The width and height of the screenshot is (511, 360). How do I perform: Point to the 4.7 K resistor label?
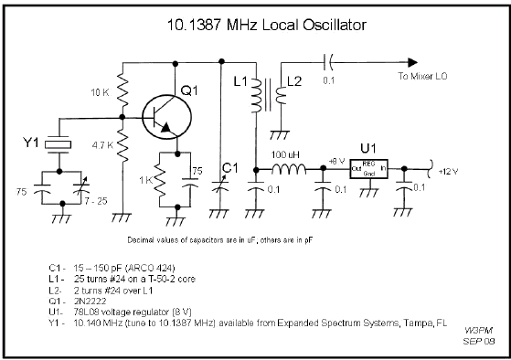point(101,143)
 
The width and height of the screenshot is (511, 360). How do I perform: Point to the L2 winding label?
point(294,83)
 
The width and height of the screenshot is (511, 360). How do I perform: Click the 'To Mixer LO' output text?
point(428,78)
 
